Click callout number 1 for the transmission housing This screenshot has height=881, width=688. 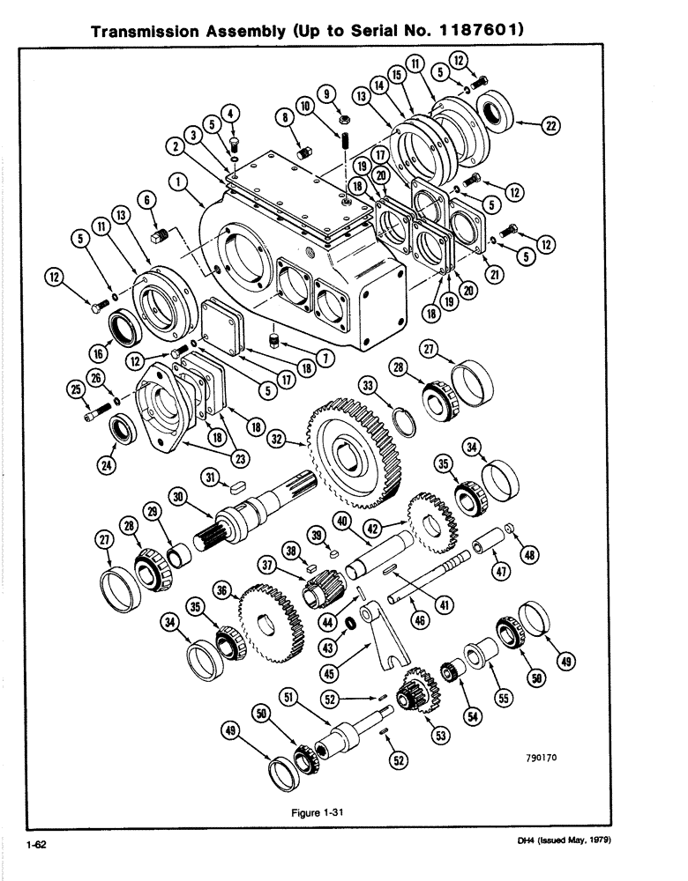[x=179, y=181]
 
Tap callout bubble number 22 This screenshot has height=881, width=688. [x=551, y=126]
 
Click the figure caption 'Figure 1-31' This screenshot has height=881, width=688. [x=317, y=813]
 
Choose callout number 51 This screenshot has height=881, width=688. [x=286, y=697]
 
